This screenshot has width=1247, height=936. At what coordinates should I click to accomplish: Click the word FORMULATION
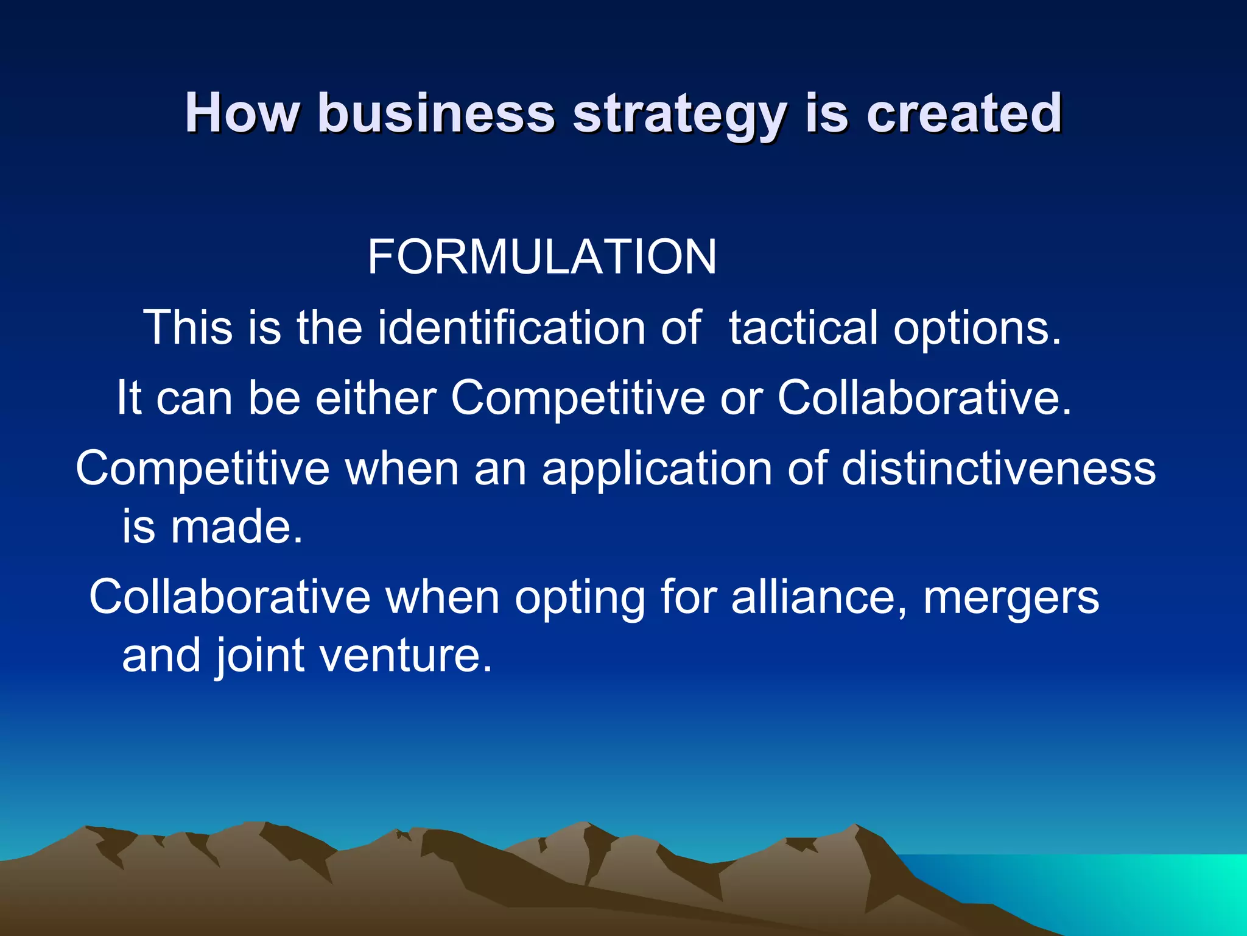pyautogui.click(x=542, y=257)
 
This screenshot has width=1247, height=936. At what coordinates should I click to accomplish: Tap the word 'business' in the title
pyautogui.click(x=436, y=113)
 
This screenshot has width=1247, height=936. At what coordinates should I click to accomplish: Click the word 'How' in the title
pyautogui.click(x=242, y=113)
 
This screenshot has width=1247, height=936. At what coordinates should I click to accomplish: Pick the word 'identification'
pyautogui.click(x=511, y=328)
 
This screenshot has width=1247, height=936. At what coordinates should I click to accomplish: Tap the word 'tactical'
pyautogui.click(x=803, y=328)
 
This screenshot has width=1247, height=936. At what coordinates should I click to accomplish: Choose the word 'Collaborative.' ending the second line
pyautogui.click(x=924, y=398)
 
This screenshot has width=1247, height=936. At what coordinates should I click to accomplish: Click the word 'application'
pyautogui.click(x=657, y=469)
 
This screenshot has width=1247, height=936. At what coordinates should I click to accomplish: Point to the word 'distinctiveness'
pyautogui.click(x=999, y=468)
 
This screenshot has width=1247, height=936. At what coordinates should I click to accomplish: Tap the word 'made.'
pyautogui.click(x=236, y=526)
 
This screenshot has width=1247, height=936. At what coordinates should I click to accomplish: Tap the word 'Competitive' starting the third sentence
pyautogui.click(x=202, y=469)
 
